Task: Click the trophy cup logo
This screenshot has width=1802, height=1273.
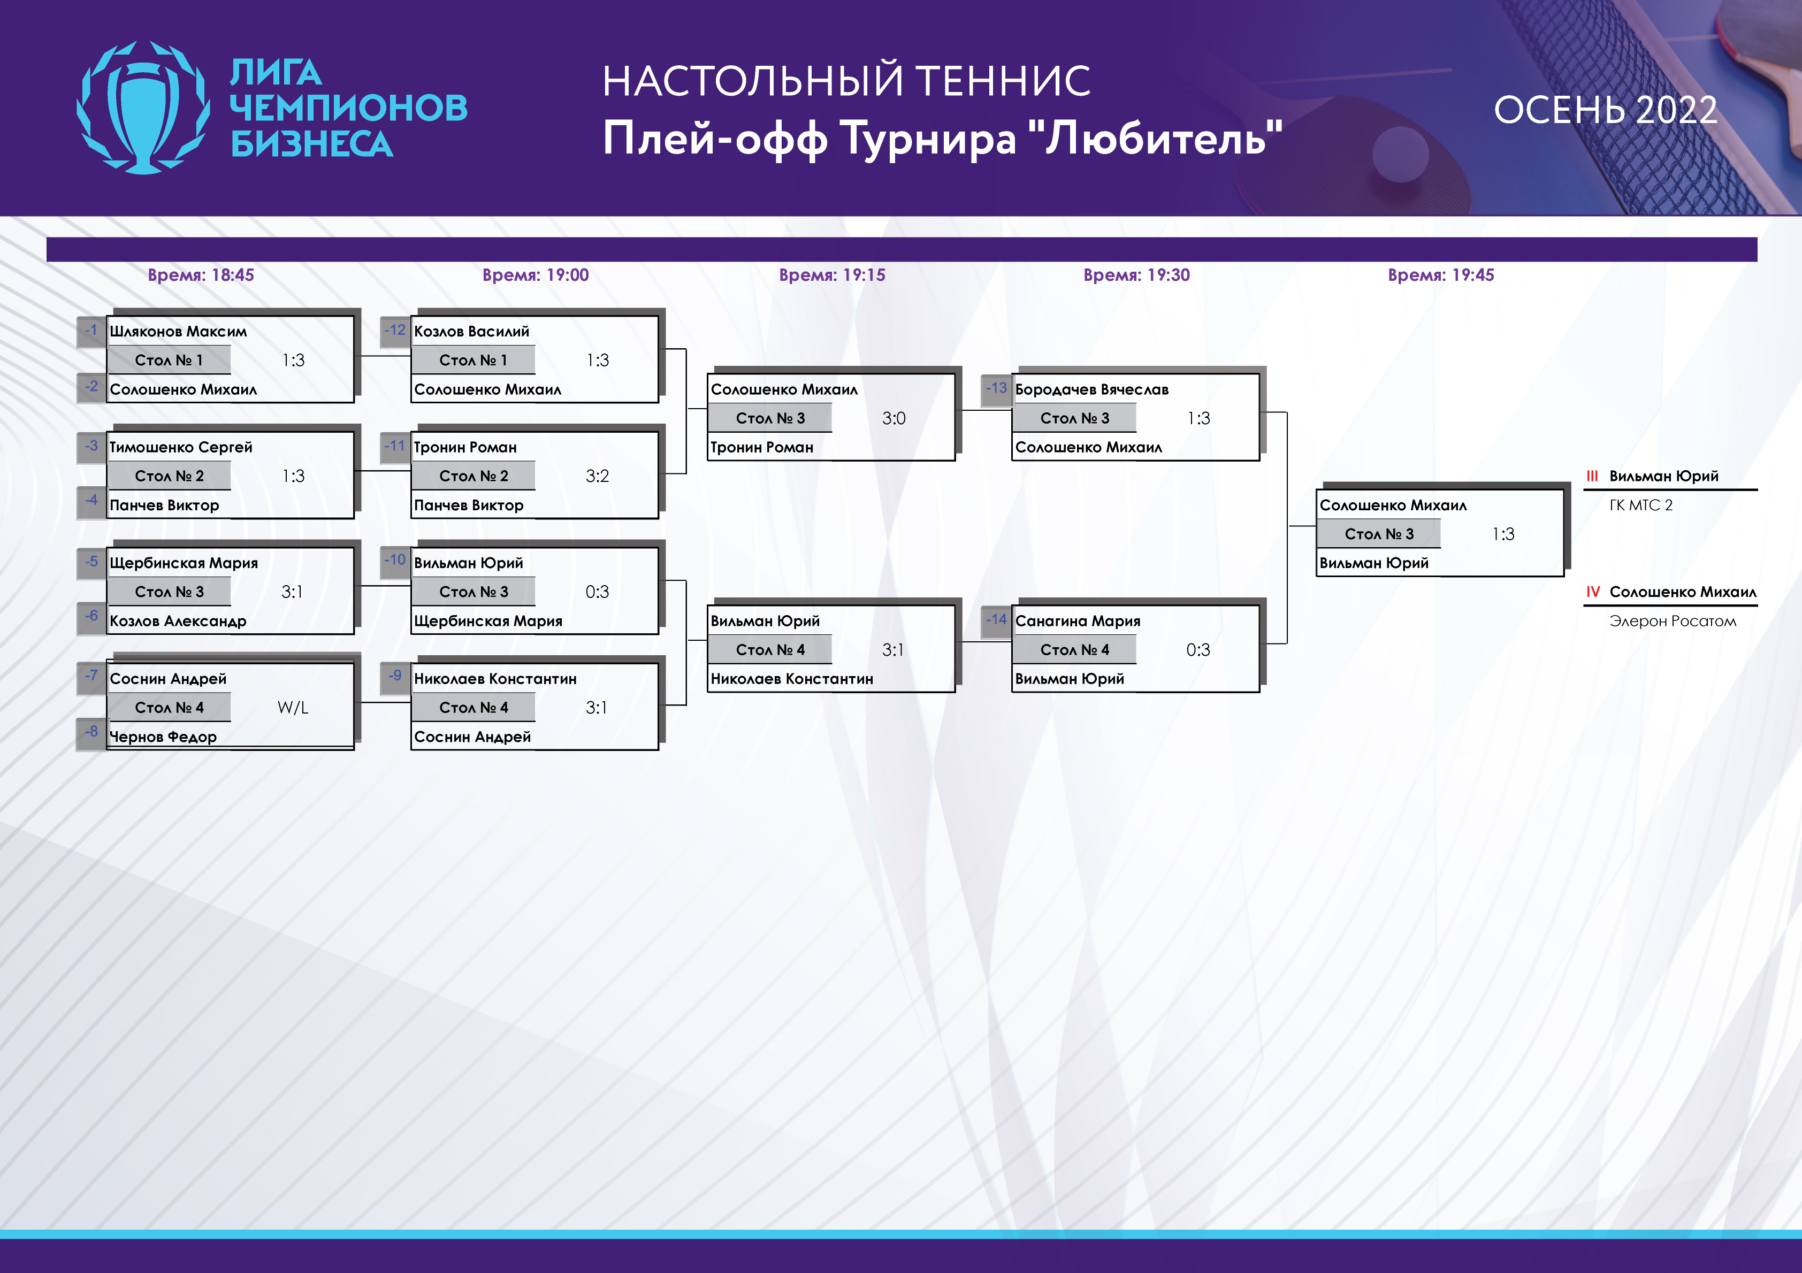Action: [143, 108]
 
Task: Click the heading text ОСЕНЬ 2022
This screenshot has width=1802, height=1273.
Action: [1605, 110]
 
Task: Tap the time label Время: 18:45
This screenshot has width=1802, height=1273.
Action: [201, 275]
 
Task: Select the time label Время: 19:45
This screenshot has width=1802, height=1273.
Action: [1441, 275]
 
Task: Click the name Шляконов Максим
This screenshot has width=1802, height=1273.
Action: [178, 331]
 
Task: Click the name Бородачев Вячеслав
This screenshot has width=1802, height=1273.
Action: [1091, 389]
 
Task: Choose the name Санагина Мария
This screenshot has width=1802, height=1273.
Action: [1078, 621]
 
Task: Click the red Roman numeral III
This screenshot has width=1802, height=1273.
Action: [1592, 476]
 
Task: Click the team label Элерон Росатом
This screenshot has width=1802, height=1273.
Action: [1673, 621]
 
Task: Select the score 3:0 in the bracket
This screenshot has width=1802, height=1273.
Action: [894, 418]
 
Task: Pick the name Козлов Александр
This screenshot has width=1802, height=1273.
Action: [178, 621]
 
